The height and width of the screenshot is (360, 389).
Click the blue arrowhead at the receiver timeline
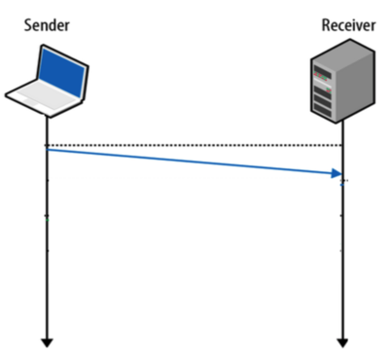coord(337,174)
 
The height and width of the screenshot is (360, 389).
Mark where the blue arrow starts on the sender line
coord(47,150)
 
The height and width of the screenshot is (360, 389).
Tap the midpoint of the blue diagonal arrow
coord(193,162)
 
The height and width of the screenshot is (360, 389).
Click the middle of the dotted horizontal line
coord(194,146)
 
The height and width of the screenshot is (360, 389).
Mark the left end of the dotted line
coord(48,146)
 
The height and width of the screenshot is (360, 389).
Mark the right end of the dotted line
coord(341,146)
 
